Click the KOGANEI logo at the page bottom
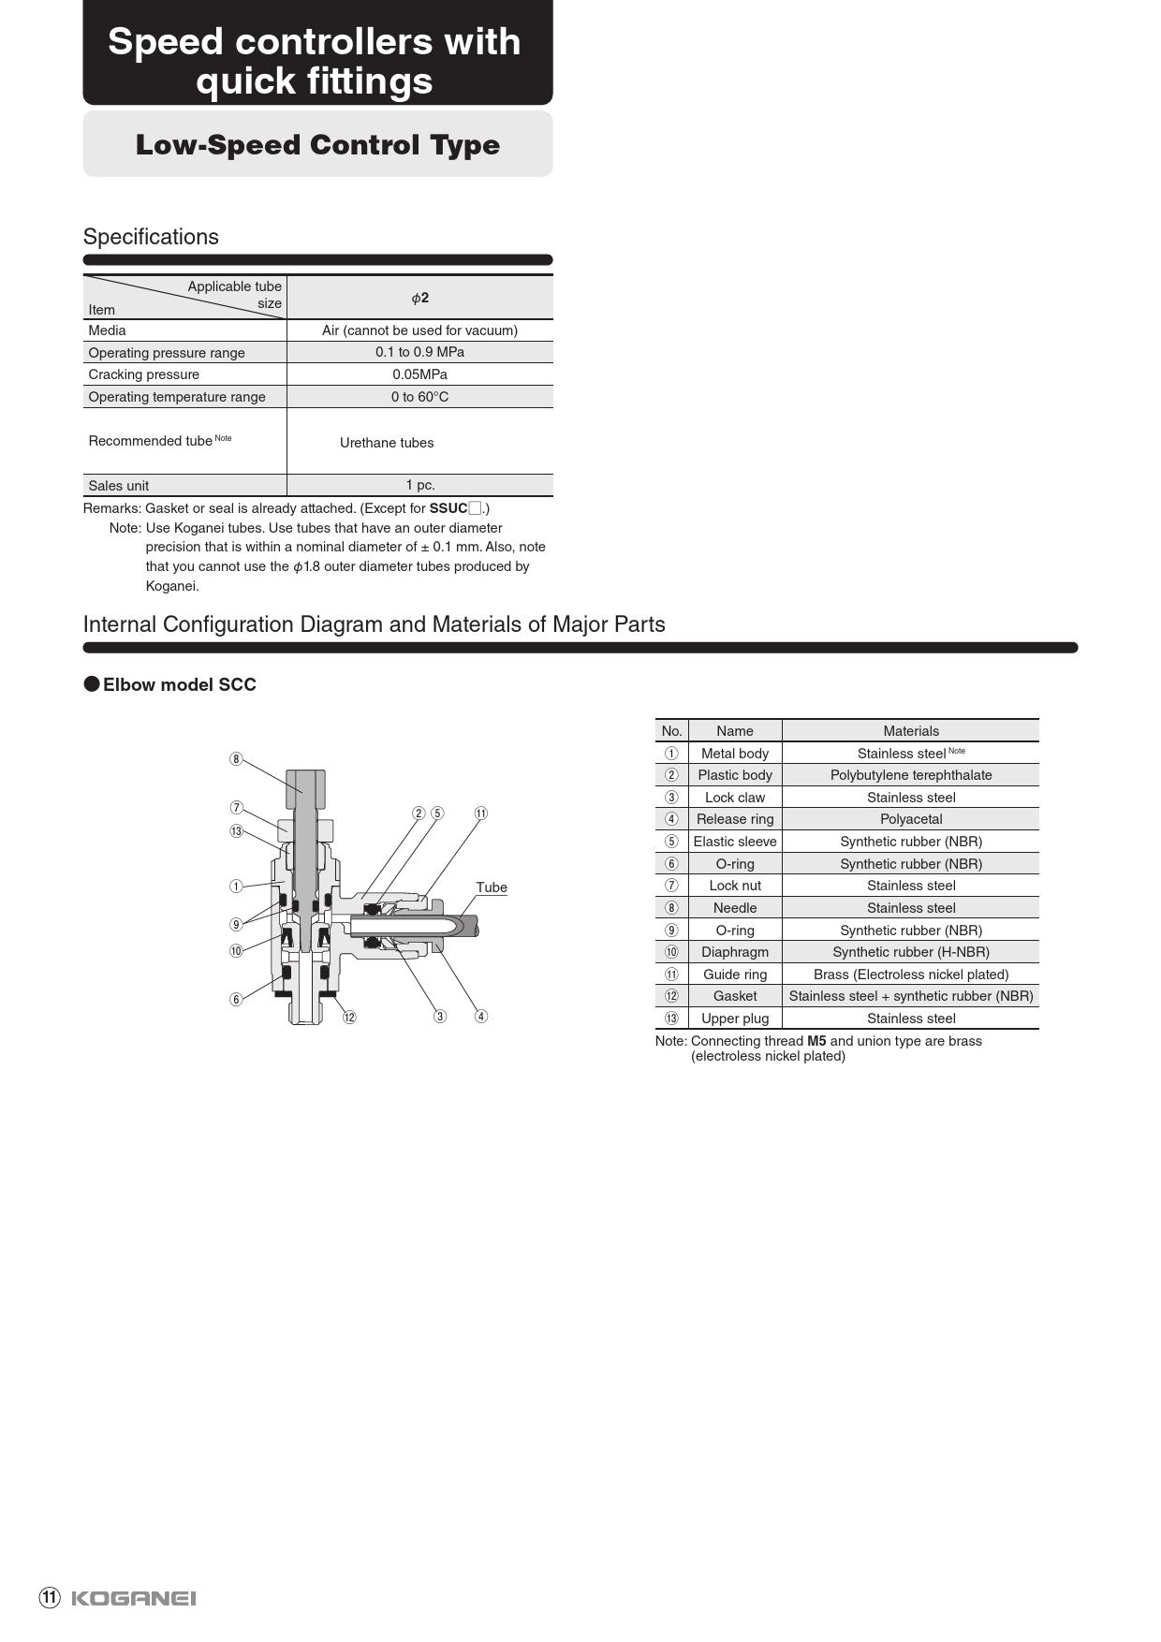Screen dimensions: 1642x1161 [133, 1598]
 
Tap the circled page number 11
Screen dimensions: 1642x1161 [50, 1597]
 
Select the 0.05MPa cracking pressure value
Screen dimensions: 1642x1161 [419, 374]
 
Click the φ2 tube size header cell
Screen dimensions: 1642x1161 [419, 298]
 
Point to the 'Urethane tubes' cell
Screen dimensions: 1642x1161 [387, 443]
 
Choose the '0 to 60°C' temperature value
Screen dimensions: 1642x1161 [419, 397]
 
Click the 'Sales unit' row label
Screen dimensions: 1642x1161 [119, 486]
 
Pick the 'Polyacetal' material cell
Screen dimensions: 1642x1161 [910, 819]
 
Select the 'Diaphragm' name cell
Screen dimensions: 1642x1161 [735, 952]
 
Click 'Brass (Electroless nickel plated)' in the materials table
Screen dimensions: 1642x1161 [910, 975]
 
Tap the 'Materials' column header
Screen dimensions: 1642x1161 [910, 731]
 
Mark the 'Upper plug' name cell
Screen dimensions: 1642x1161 [735, 1019]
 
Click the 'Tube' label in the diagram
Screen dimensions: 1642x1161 [492, 887]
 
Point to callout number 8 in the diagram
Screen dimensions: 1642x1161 [236, 759]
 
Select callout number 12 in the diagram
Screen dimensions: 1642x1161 [349, 1018]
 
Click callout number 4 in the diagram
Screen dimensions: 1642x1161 [481, 1017]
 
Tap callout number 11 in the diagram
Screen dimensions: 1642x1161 [481, 814]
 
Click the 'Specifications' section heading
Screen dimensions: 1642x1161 [151, 237]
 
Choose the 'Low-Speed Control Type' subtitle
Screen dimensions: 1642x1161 [317, 145]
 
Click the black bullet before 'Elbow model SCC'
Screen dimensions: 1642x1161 [92, 684]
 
